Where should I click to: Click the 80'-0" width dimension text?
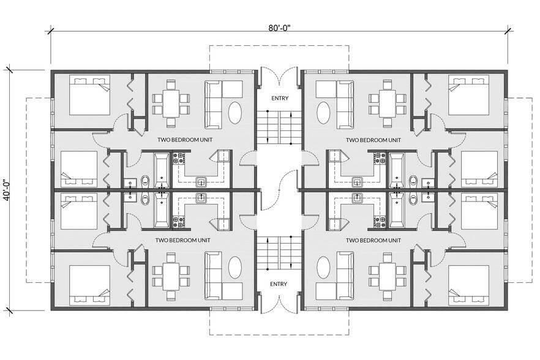[279, 27]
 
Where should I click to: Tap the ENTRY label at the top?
[279, 99]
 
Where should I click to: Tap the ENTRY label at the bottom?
[279, 283]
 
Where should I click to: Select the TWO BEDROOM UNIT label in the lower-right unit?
[373, 241]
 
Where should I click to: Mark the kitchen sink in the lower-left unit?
[201, 197]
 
